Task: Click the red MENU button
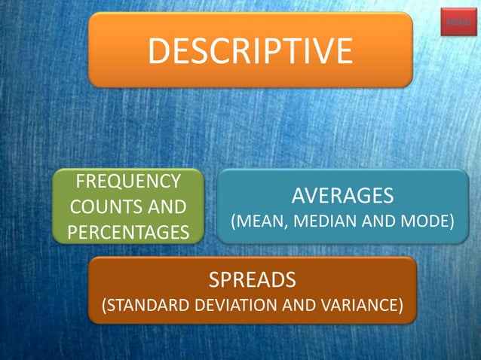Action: tap(458, 23)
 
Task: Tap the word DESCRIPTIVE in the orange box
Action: tap(250, 50)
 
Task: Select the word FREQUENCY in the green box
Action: tap(128, 182)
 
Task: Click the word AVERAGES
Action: tap(342, 196)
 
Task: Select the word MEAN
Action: tap(258, 222)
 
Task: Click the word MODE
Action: tap(425, 222)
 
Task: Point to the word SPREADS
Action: tap(252, 281)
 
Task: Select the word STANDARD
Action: tap(145, 306)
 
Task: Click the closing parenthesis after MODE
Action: tap(452, 223)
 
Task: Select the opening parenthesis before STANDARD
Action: tap(104, 307)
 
